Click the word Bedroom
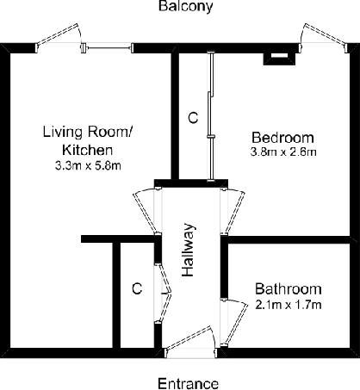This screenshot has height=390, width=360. (282, 138)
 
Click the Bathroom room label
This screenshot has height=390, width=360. (288, 289)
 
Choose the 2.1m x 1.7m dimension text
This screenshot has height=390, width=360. (289, 305)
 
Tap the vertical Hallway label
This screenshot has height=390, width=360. (190, 251)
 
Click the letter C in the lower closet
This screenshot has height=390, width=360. (136, 288)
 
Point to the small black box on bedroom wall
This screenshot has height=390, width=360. (277, 58)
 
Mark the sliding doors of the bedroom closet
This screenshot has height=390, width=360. (210, 116)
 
